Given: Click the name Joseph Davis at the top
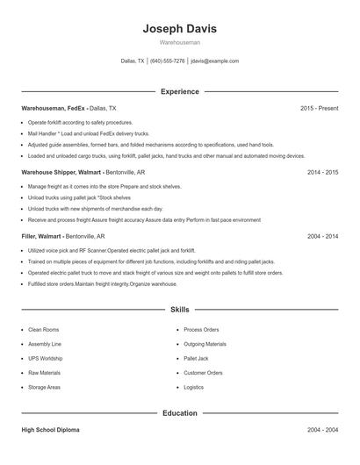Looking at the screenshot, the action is click(x=179, y=29).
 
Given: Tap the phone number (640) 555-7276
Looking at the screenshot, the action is click(x=167, y=61).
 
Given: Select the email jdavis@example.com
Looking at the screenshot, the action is click(x=214, y=61).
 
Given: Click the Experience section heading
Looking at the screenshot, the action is click(x=179, y=91).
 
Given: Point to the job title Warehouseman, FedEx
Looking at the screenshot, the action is click(x=54, y=108).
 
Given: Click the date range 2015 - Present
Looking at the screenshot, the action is click(x=319, y=108).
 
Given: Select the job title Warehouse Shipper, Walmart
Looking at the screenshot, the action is click(x=61, y=173).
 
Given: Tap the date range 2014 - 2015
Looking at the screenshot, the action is click(x=322, y=173).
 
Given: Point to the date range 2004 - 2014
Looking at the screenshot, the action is click(x=322, y=237).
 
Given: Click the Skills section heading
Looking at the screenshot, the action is click(x=179, y=310).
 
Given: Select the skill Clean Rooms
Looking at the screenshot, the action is click(x=44, y=330).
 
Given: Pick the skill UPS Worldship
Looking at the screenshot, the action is click(x=46, y=359).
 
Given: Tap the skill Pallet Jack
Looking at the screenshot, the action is click(x=196, y=359).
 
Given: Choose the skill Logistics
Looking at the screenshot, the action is click(x=193, y=387).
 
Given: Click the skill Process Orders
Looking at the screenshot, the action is click(x=201, y=330).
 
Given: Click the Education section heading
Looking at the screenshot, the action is click(x=179, y=412).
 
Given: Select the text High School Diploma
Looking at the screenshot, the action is click(x=52, y=430).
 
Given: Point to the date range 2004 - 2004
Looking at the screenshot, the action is click(x=322, y=430).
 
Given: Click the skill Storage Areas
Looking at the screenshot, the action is click(x=45, y=387).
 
